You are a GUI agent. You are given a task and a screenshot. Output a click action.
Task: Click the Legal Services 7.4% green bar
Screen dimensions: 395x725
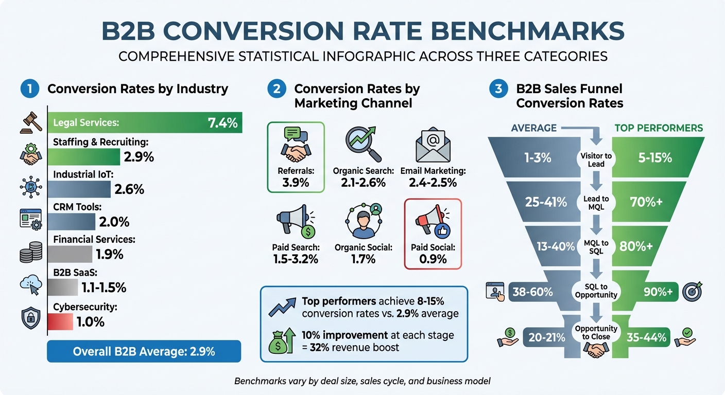tap(145, 123)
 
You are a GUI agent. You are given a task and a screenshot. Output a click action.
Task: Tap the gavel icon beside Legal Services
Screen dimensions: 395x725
tap(31, 121)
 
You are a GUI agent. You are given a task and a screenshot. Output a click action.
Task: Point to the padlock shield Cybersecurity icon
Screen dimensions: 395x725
tap(30, 318)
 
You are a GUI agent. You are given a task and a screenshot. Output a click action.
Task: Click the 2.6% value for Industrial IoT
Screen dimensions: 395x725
tap(130, 189)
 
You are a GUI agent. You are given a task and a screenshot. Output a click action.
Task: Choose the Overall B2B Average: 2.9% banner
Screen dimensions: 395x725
tap(144, 352)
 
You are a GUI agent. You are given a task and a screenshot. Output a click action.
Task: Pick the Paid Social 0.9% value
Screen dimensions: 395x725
tap(433, 259)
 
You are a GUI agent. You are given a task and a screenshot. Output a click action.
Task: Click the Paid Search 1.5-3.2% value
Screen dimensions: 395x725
tap(296, 259)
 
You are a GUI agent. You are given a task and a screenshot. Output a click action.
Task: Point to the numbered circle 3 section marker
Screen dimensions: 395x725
tap(498, 88)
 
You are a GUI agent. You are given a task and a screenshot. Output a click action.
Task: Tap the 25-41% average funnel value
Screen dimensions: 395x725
tap(546, 202)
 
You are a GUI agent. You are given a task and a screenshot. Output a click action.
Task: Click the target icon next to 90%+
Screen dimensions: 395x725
tap(692, 292)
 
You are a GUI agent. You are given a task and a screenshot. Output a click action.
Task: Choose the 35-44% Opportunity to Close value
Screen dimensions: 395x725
tap(646, 337)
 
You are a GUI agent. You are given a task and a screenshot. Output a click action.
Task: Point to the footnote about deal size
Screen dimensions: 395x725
tap(362, 381)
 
